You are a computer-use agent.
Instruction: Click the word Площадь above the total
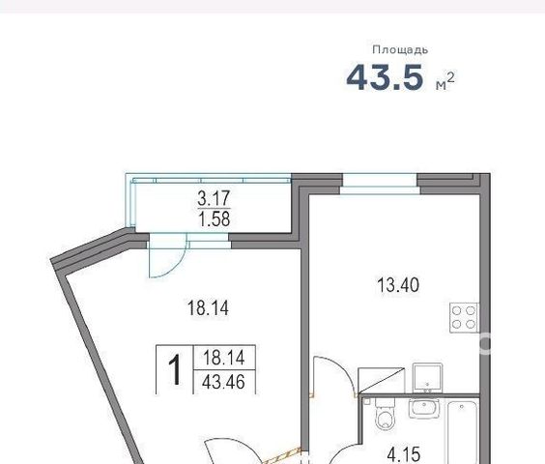400,50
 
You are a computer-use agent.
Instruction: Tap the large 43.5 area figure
386,77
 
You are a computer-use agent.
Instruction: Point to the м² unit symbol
445,81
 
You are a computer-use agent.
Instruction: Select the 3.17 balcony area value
214,198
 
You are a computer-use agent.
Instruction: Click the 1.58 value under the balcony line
215,219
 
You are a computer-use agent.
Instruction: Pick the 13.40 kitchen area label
398,285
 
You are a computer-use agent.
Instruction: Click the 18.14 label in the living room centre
208,307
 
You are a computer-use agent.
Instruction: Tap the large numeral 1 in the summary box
175,369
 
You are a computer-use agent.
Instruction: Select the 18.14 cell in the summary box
224,358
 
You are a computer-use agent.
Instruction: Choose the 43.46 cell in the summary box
223,382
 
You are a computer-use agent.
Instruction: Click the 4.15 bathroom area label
404,454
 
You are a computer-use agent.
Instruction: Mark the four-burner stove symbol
464,318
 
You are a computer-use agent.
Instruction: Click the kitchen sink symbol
427,378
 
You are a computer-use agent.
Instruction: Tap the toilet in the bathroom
386,414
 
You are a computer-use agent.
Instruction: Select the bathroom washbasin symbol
424,409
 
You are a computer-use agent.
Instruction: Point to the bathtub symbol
462,432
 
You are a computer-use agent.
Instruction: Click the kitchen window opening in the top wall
380,184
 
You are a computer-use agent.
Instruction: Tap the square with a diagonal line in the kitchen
382,380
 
